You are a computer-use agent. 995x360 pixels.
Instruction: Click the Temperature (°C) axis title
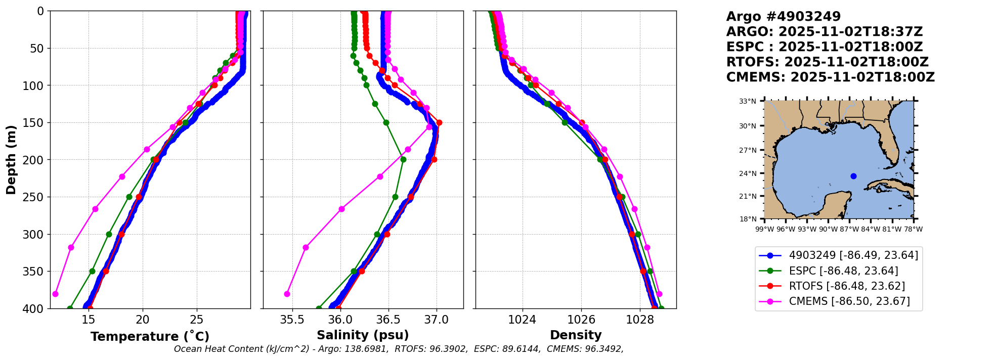(x=150, y=337)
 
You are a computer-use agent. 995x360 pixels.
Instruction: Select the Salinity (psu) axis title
(x=363, y=335)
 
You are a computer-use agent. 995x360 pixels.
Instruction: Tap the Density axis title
(x=576, y=335)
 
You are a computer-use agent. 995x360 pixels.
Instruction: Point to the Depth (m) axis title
(x=11, y=160)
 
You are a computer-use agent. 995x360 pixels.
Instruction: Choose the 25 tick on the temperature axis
(x=197, y=320)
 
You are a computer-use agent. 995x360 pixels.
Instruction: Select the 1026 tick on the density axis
(x=581, y=320)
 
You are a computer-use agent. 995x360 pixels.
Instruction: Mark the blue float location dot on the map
(x=853, y=176)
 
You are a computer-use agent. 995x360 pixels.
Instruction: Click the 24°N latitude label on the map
(x=748, y=173)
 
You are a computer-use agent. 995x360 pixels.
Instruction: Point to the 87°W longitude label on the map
(x=849, y=229)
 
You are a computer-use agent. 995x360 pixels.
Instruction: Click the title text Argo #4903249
(x=783, y=17)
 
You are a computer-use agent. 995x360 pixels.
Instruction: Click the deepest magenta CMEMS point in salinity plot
(x=287, y=294)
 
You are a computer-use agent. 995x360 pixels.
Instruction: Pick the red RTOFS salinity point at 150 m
(x=439, y=123)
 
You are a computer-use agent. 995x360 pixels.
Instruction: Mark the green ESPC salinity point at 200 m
(x=403, y=160)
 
